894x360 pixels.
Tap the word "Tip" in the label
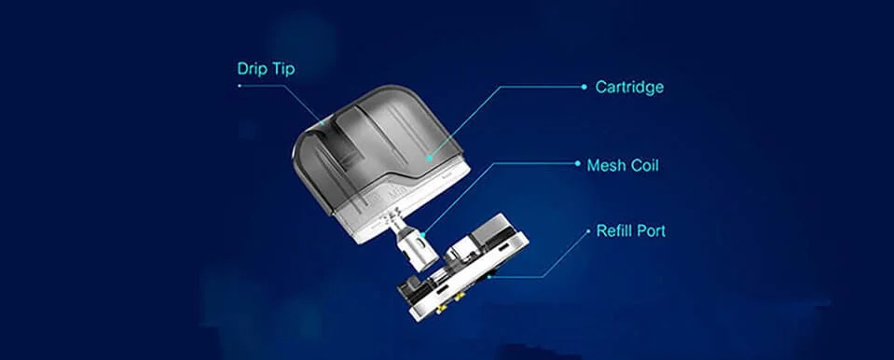coord(284,69)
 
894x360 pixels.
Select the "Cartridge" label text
coord(629,88)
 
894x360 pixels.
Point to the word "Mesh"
coord(607,165)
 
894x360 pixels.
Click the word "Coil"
coord(644,165)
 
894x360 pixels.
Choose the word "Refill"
coord(614,231)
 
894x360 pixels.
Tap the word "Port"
coord(651,231)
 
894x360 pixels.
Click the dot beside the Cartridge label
coord(584,88)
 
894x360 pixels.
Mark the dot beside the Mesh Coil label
coord(578,163)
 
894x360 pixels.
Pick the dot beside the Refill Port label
coord(588,231)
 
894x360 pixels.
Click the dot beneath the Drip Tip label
coord(240,86)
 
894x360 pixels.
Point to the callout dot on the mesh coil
coord(423,233)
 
